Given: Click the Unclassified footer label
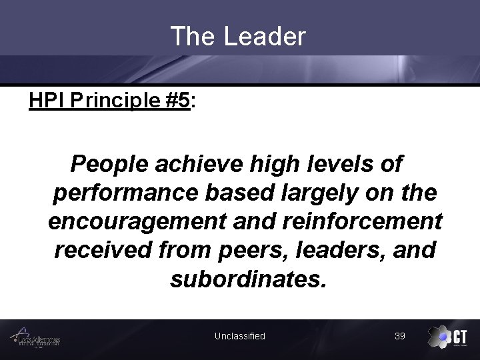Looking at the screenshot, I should point(239,336).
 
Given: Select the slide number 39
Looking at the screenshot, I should point(400,336).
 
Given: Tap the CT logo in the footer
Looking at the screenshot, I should point(447,337).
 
